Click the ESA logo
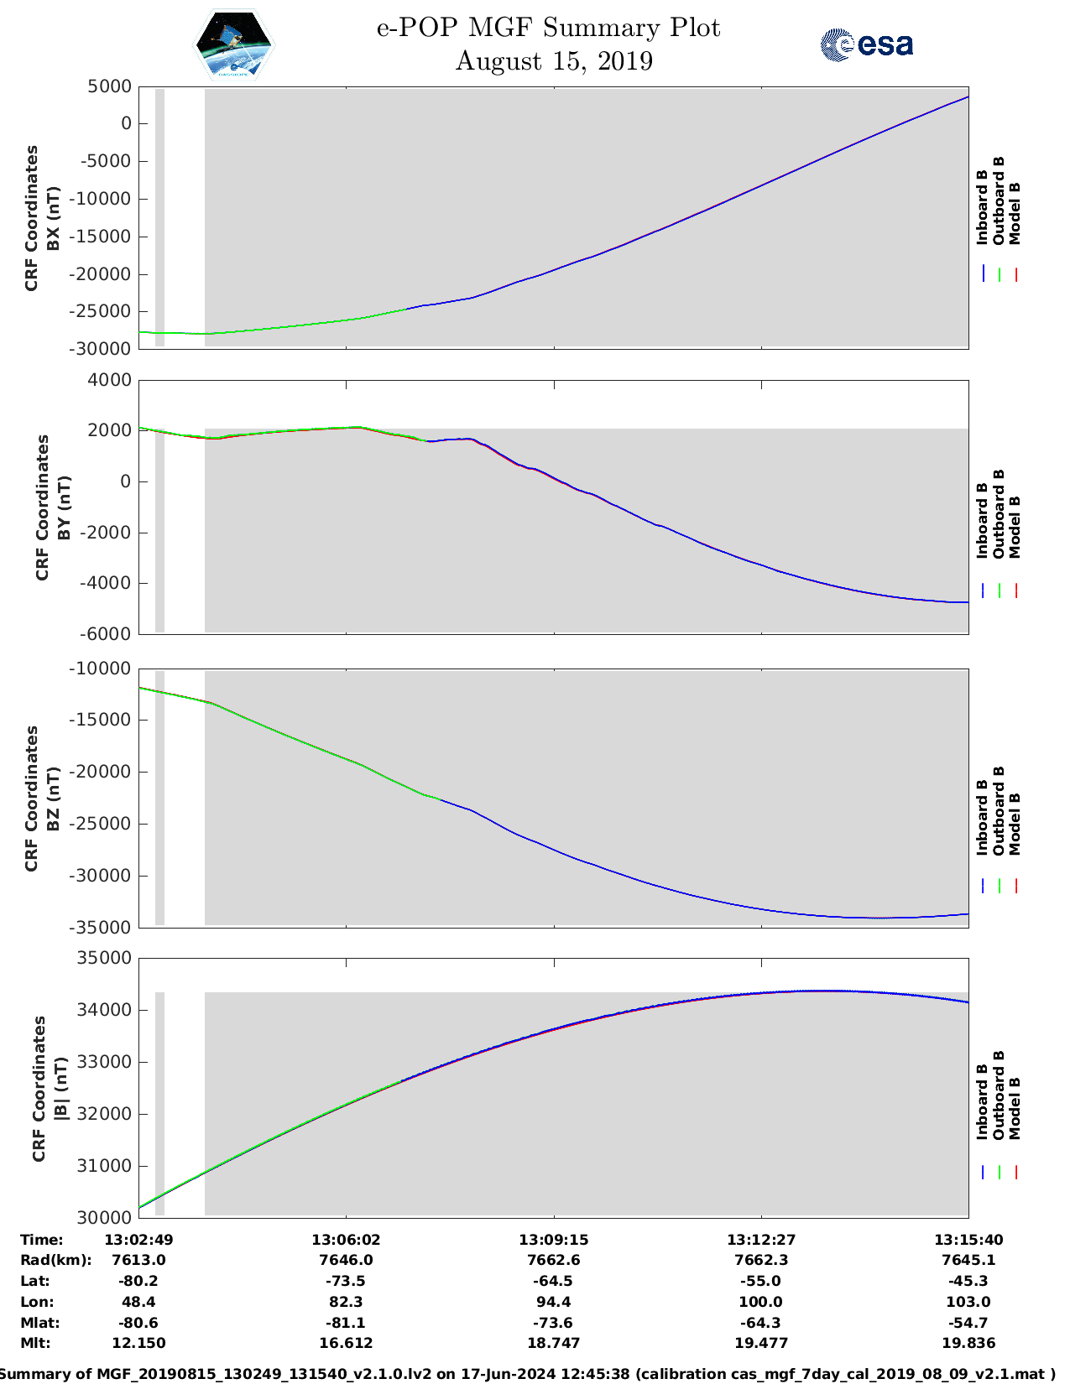coord(866,44)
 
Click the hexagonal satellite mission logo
coord(234,45)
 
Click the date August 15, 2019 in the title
coord(554,61)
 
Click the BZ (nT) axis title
coord(54,799)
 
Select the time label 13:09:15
coord(553,1240)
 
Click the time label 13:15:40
coord(968,1240)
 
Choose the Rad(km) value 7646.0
coord(346,1260)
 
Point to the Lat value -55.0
coord(761,1281)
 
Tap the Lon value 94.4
coord(553,1302)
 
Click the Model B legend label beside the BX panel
coord(1015,213)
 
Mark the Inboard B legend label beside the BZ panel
coord(982,818)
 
